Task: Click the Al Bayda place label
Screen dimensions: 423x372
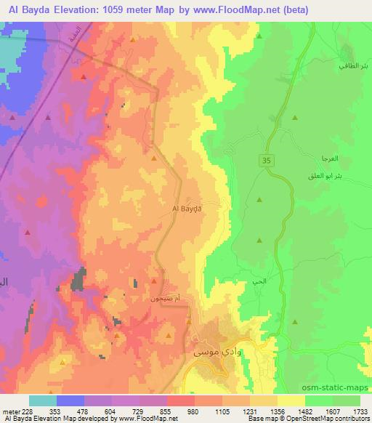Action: pyautogui.click(x=187, y=209)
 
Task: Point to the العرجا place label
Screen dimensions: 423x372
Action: pyautogui.click(x=319, y=158)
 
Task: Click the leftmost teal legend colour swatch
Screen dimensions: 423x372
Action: pyautogui.click(x=43, y=400)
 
